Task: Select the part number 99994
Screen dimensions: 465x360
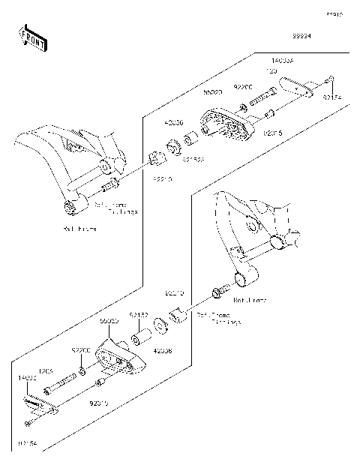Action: click(x=301, y=35)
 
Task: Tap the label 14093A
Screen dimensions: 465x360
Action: click(x=283, y=57)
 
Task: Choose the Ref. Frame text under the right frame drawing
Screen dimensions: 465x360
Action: click(x=249, y=299)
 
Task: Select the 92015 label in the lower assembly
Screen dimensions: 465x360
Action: click(x=99, y=403)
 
